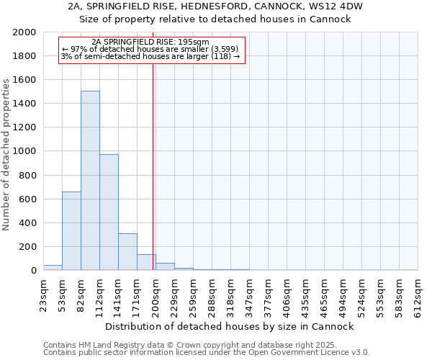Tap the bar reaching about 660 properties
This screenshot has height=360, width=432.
71,230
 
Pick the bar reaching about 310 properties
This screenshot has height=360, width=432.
127,252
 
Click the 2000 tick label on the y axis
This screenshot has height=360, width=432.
24,32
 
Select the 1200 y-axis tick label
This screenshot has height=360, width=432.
24,127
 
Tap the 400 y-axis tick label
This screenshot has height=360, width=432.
27,223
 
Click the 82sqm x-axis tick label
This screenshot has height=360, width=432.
81,292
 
